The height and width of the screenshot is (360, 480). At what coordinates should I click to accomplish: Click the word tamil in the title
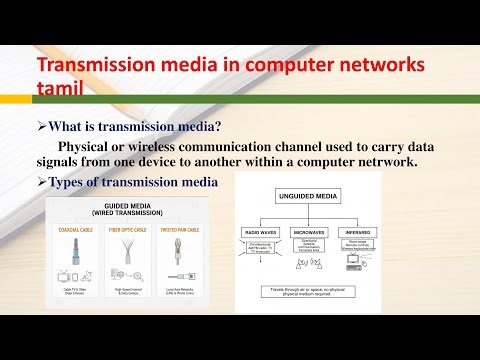click(x=64, y=92)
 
